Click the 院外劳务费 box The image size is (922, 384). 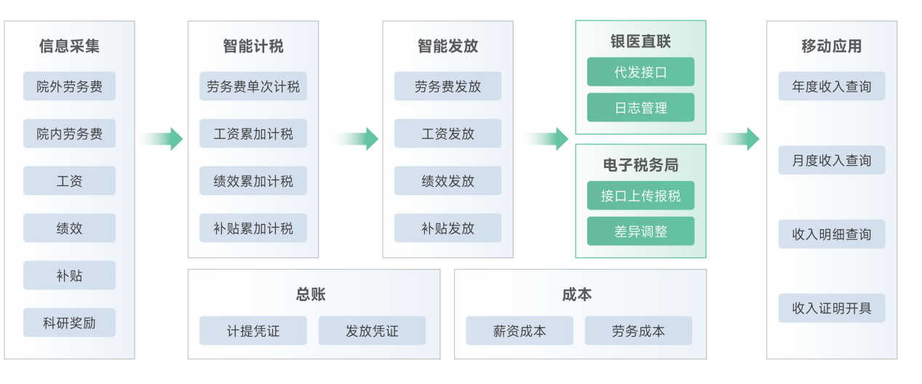[69, 87]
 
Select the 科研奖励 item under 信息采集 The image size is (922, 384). [69, 323]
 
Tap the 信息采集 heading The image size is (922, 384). [69, 47]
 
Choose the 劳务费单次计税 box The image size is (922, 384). [253, 87]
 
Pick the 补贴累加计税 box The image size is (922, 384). [253, 228]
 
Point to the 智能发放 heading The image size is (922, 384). [448, 47]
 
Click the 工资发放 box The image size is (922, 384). [448, 134]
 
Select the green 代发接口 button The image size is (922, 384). [640, 72]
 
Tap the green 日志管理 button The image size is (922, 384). [640, 108]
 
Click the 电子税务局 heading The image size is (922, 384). [640, 165]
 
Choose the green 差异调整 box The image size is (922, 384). [640, 231]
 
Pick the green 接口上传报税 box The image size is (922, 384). [640, 196]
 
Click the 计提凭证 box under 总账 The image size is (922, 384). [253, 331]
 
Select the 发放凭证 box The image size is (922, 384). [372, 331]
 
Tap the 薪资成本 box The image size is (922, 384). [520, 331]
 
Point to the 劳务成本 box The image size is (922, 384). [638, 331]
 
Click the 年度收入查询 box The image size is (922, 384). [831, 87]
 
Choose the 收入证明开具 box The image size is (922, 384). [831, 308]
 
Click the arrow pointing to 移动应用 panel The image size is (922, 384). [738, 139]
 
